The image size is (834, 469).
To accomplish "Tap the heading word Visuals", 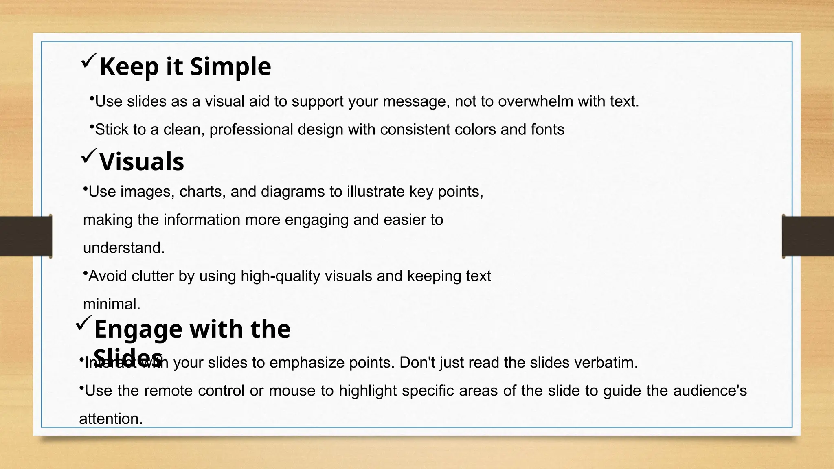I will pos(142,162).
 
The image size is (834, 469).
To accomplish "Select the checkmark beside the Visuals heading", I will pos(88,156).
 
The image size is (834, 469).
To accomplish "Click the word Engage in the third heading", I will pos(138,329).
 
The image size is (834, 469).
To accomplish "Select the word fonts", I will pos(548,129).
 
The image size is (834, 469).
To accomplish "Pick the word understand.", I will pos(124,248).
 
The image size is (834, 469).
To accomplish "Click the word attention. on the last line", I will pos(111,419).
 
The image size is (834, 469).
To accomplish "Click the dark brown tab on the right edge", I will pos(808,236).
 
